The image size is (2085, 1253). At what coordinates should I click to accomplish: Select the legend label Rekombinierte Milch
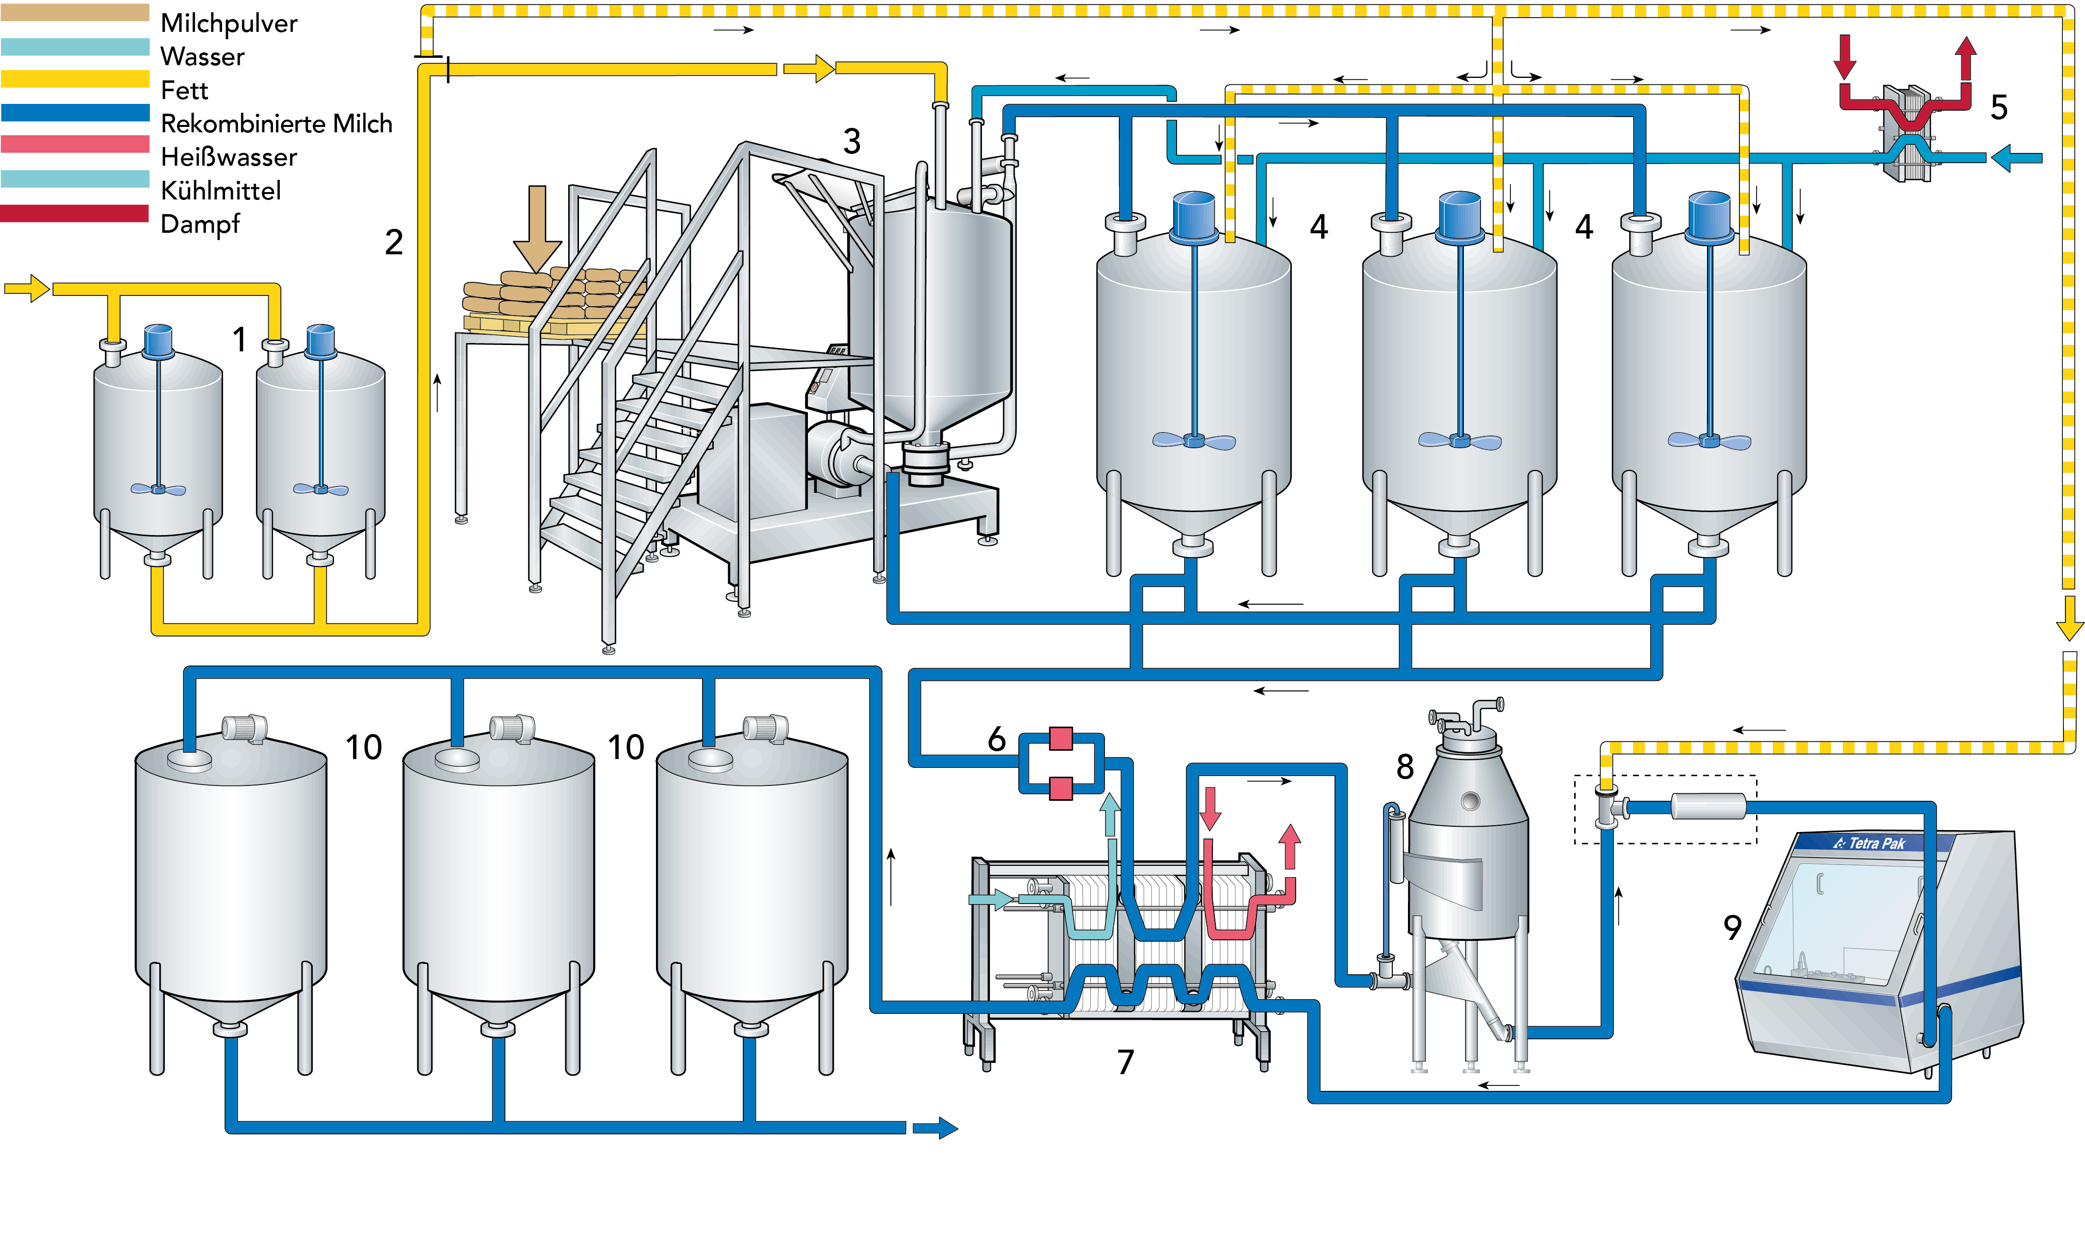click(276, 124)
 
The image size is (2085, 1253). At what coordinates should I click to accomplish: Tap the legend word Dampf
click(200, 224)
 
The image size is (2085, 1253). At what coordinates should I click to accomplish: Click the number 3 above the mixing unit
click(851, 141)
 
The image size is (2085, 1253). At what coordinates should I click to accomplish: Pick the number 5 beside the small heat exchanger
click(1998, 107)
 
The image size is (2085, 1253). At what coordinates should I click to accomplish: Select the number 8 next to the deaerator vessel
click(1405, 767)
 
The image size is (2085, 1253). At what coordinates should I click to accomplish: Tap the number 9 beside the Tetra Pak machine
click(1732, 927)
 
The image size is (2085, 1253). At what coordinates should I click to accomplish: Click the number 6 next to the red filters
click(997, 739)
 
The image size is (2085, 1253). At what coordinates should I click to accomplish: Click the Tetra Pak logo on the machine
click(1870, 843)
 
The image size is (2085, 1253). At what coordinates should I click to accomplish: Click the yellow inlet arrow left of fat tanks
click(27, 288)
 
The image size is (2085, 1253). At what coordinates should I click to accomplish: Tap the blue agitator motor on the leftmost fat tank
click(158, 340)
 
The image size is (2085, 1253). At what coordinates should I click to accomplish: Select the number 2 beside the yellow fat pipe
click(394, 243)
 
